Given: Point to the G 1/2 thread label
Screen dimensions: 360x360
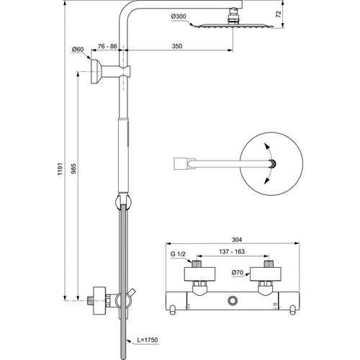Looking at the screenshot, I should point(177,254).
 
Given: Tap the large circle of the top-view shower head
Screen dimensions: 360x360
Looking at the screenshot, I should point(270,165).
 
